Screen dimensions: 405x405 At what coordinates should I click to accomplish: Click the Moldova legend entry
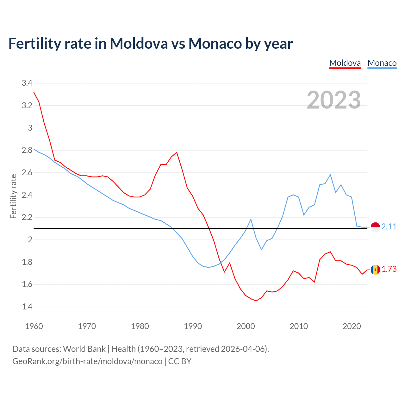[x=345, y=63]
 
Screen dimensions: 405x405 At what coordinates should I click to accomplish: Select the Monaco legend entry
[x=382, y=63]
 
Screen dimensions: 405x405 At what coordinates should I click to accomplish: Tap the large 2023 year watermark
[x=334, y=100]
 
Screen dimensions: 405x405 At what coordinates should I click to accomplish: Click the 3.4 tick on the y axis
[x=27, y=83]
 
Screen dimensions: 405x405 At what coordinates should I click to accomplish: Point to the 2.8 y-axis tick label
[x=27, y=150]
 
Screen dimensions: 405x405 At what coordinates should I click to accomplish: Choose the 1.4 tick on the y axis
[x=27, y=307]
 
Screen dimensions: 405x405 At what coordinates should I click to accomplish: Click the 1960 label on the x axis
[x=34, y=326]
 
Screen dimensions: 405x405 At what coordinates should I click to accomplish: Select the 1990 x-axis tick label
[x=193, y=326]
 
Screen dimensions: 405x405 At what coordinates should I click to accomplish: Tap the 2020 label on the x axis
[x=352, y=326]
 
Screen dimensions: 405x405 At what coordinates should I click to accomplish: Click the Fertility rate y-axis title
[x=13, y=196]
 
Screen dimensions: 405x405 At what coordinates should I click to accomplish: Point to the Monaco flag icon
[x=375, y=227]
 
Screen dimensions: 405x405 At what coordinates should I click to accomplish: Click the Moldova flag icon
[x=375, y=270]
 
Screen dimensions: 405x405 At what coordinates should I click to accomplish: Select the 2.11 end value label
[x=389, y=227]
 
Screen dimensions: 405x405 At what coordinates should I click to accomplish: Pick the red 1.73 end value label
[x=389, y=269]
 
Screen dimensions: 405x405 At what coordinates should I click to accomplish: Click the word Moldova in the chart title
[x=139, y=43]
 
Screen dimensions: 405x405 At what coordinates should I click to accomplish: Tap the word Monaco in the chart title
[x=215, y=43]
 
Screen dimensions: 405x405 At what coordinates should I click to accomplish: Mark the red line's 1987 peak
[x=177, y=152]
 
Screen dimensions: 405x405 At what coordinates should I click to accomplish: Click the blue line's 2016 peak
[x=330, y=175]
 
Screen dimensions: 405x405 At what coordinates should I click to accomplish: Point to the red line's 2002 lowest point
[x=256, y=301]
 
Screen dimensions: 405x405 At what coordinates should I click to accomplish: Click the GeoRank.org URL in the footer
[x=87, y=361]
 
